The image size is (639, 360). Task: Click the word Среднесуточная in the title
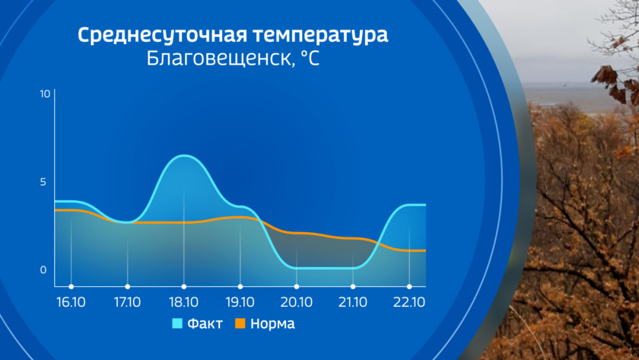[162, 36]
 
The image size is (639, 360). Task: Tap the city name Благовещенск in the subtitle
[220, 59]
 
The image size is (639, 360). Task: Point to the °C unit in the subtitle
[310, 59]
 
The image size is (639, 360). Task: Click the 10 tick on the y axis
[45, 94]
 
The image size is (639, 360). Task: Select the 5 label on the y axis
[43, 182]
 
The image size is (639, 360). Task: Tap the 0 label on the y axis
[43, 270]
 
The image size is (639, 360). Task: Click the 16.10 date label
[71, 302]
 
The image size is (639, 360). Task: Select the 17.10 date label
[127, 302]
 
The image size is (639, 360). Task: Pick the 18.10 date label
[184, 302]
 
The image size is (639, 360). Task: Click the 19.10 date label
[240, 302]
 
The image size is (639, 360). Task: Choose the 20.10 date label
[296, 302]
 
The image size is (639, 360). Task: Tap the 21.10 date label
[353, 302]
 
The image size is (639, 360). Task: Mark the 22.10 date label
[409, 302]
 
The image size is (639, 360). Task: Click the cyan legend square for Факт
[177, 323]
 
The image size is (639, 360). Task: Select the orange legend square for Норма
[240, 323]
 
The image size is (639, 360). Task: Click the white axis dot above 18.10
[184, 287]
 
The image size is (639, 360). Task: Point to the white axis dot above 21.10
[353, 287]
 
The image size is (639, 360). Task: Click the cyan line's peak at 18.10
[184, 155]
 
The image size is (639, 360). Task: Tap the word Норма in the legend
[272, 323]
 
